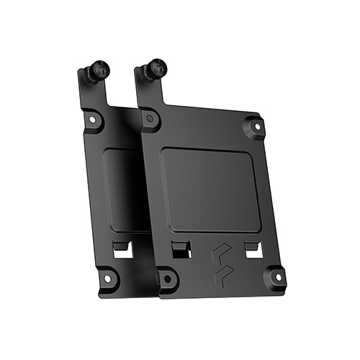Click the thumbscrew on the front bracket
[156, 70]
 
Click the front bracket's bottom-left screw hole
[166, 277]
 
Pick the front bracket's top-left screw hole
[148, 117]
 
